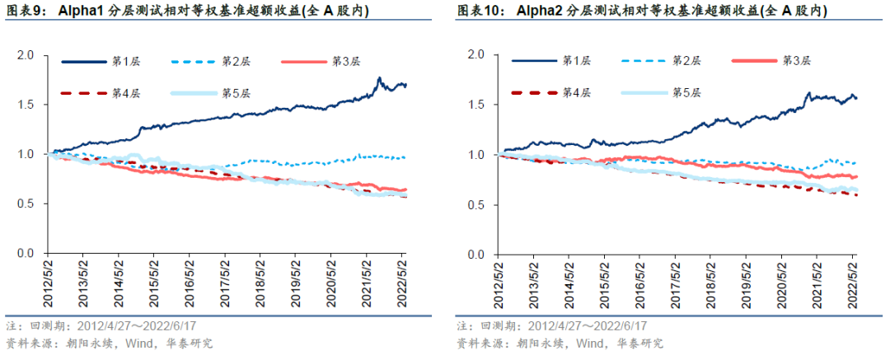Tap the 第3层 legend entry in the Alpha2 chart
[795, 61]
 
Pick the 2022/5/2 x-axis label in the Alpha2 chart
[853, 282]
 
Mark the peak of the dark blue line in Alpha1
[378, 78]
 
